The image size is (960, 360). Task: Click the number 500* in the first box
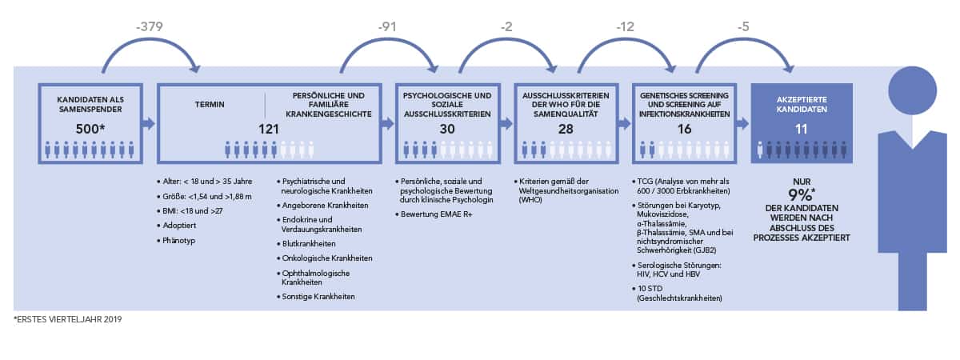pyautogui.click(x=90, y=129)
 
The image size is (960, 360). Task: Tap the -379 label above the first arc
pyautogui.click(x=150, y=26)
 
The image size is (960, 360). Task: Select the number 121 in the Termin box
pyautogui.click(x=269, y=129)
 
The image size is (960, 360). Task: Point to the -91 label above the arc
pyautogui.click(x=387, y=26)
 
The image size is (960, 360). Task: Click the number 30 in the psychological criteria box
pyautogui.click(x=447, y=129)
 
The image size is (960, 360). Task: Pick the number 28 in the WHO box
pyautogui.click(x=566, y=129)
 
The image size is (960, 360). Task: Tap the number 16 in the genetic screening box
pyautogui.click(x=685, y=129)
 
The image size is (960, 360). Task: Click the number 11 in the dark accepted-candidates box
pyautogui.click(x=802, y=129)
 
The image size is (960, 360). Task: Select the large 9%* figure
pyautogui.click(x=802, y=195)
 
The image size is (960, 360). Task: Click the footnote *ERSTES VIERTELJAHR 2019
pyautogui.click(x=68, y=319)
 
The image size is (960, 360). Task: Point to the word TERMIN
pyautogui.click(x=210, y=104)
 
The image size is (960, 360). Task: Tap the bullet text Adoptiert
pyautogui.click(x=179, y=226)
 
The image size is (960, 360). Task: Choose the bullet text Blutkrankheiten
pyautogui.click(x=309, y=243)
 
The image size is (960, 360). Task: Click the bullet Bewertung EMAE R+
pyautogui.click(x=436, y=214)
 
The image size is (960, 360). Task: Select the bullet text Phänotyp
pyautogui.click(x=178, y=241)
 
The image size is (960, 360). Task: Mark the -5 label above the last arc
pyautogui.click(x=743, y=26)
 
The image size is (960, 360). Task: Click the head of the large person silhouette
pyautogui.click(x=913, y=90)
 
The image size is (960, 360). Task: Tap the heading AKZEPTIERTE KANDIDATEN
pyautogui.click(x=802, y=104)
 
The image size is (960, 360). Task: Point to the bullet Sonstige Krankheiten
pyautogui.click(x=318, y=297)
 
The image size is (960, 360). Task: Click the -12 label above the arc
pyautogui.click(x=626, y=26)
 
